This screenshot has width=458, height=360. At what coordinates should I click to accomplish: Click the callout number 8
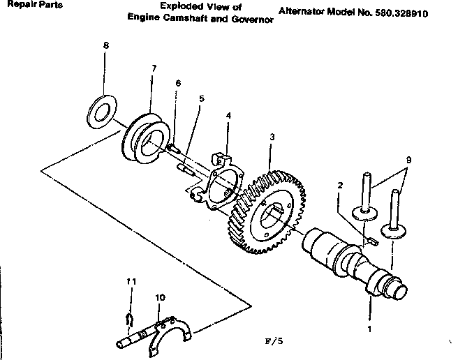(105, 45)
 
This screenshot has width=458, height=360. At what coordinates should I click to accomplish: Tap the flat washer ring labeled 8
(105, 106)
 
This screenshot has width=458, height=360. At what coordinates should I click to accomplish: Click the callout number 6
(178, 83)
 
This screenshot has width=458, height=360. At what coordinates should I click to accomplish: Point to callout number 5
(202, 98)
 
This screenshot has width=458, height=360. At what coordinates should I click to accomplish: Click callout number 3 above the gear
(272, 136)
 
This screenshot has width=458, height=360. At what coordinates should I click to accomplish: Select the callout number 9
(408, 160)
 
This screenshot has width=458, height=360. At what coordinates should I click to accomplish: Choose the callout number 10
(161, 298)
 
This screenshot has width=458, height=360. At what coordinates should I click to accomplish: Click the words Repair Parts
(31, 5)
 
